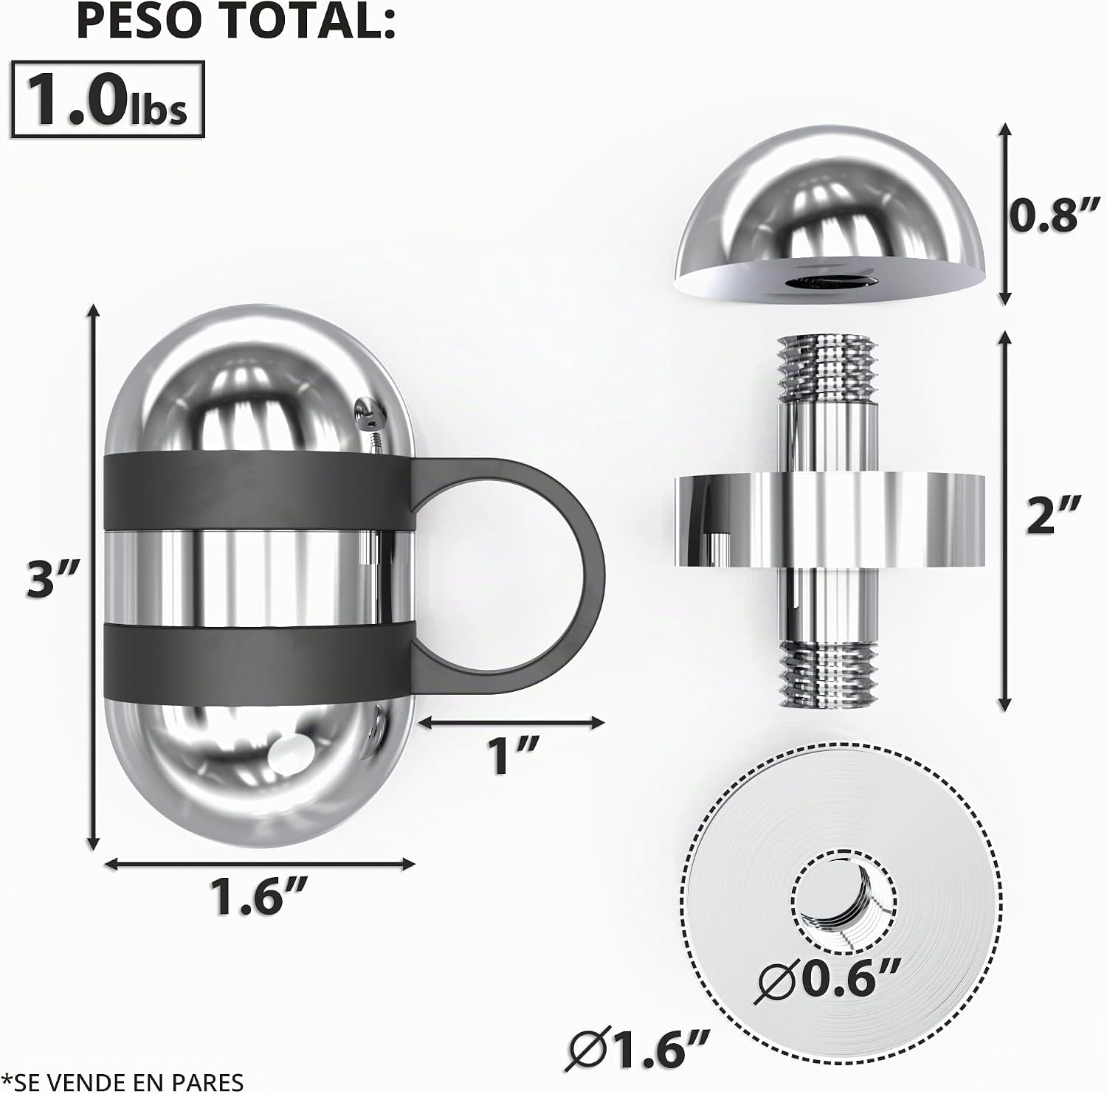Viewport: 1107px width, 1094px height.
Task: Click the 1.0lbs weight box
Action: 108,100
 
